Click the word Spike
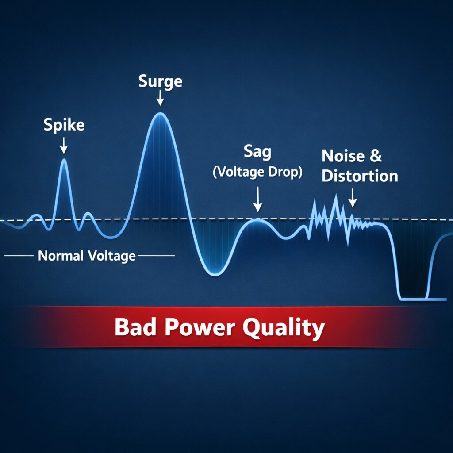[64, 125]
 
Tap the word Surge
[160, 81]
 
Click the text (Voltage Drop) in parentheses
[257, 172]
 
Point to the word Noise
[343, 156]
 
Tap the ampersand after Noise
[375, 156]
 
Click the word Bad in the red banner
[131, 328]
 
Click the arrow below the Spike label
[64, 145]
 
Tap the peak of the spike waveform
[64, 160]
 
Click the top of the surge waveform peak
[160, 114]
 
